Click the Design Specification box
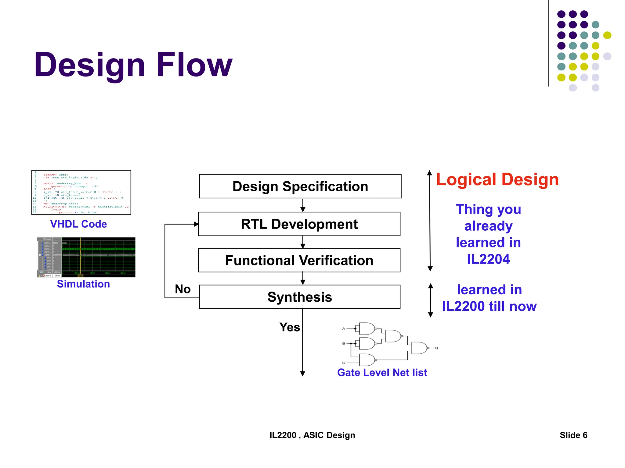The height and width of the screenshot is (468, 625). click(x=300, y=186)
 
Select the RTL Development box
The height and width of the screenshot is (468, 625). click(x=299, y=224)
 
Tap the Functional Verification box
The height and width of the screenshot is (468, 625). click(x=299, y=260)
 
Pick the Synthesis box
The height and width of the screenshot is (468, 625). click(x=300, y=297)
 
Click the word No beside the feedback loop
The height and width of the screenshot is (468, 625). click(x=182, y=289)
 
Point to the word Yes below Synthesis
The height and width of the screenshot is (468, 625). click(x=290, y=327)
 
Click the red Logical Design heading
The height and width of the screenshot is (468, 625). click(x=497, y=179)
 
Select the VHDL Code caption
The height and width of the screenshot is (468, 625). click(x=78, y=224)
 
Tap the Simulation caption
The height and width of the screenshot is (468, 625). click(x=83, y=284)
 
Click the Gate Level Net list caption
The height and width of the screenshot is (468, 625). click(x=382, y=372)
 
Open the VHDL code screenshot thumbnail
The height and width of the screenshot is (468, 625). click(x=81, y=192)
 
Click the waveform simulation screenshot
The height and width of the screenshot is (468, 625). click(x=86, y=257)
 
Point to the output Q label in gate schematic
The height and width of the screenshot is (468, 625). click(x=436, y=348)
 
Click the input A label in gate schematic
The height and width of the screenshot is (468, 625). click(x=344, y=328)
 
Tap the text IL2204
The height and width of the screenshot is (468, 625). click(x=488, y=259)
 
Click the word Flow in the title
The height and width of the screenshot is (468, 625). click(x=194, y=65)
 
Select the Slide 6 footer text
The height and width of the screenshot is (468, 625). click(x=573, y=435)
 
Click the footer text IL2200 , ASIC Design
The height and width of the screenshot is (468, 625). click(x=312, y=435)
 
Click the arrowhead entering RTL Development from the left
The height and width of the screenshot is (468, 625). click(x=196, y=224)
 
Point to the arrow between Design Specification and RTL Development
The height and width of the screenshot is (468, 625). click(x=303, y=206)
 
